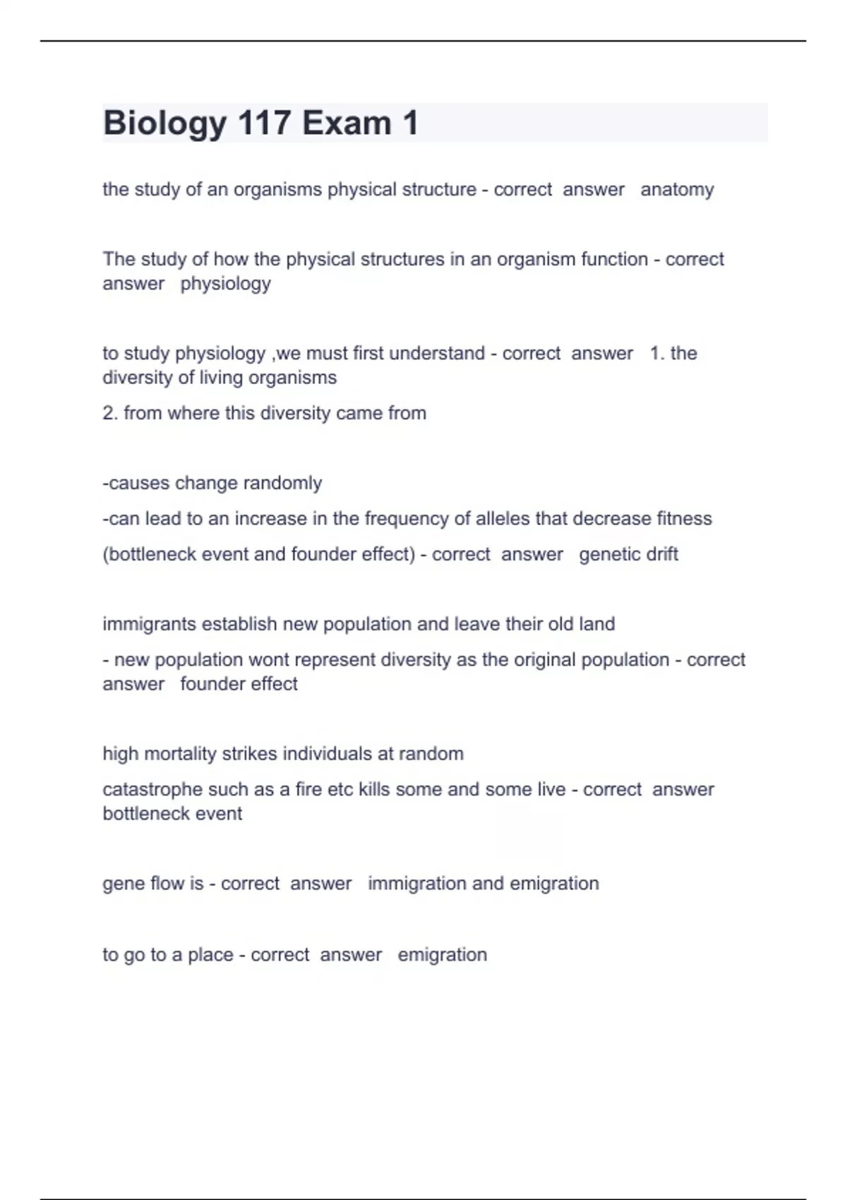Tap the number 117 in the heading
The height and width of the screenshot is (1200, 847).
tap(264, 123)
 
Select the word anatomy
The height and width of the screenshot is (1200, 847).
tap(677, 190)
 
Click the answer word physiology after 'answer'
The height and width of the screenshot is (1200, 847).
tap(225, 284)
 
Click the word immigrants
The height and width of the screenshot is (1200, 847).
tap(149, 625)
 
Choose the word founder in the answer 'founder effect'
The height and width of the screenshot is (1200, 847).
tap(210, 684)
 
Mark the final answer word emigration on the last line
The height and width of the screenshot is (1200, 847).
tap(442, 955)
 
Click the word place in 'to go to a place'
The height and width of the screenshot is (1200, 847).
tap(210, 955)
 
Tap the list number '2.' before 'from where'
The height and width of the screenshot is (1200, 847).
tap(110, 413)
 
